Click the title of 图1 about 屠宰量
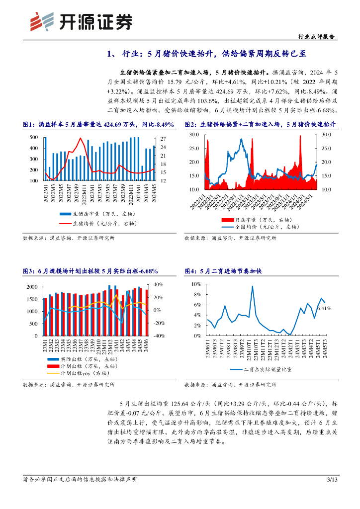pyautogui.click(x=98, y=124)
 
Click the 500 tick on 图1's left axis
pyautogui.click(x=34, y=137)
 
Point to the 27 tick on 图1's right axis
pyautogui.click(x=163, y=139)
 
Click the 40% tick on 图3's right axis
pyautogui.click(x=158, y=284)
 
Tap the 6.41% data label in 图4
pyautogui.click(x=324, y=309)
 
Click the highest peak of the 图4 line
pyautogui.click(x=253, y=286)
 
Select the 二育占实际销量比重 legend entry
pyautogui.click(x=262, y=369)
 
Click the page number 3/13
pyautogui.click(x=332, y=480)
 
